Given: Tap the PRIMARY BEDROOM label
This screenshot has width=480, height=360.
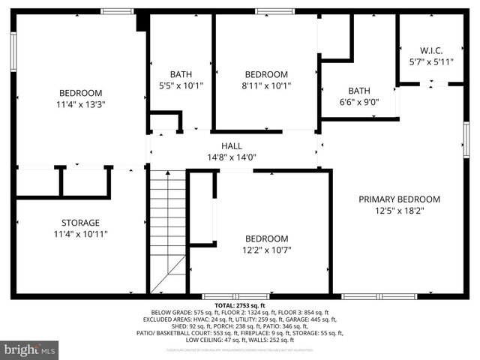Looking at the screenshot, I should click(399, 199).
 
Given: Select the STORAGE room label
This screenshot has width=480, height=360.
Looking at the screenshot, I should click(80, 223).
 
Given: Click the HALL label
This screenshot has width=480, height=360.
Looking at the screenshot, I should click(231, 146).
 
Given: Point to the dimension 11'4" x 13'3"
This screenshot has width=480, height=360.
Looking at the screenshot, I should click(80, 105).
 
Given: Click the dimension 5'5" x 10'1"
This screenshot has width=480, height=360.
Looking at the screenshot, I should click(181, 85).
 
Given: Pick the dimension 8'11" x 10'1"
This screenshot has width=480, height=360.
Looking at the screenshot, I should click(266, 85).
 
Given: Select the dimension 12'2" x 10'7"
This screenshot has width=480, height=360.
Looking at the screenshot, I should click(266, 250).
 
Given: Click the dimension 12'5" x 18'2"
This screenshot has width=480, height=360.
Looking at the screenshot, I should click(399, 211).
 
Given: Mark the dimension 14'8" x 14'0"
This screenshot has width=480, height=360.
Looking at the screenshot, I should click(231, 157).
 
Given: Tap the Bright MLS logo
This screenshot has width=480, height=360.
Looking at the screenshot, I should click(30, 349).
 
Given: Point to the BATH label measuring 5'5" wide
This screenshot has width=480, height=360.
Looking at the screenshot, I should click(181, 74).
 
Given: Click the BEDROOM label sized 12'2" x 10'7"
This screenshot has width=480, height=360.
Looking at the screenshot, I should click(266, 238).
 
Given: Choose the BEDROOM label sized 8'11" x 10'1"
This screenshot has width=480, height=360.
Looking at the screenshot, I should click(266, 74).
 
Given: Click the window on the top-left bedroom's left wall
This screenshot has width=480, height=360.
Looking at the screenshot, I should click(13, 51).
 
